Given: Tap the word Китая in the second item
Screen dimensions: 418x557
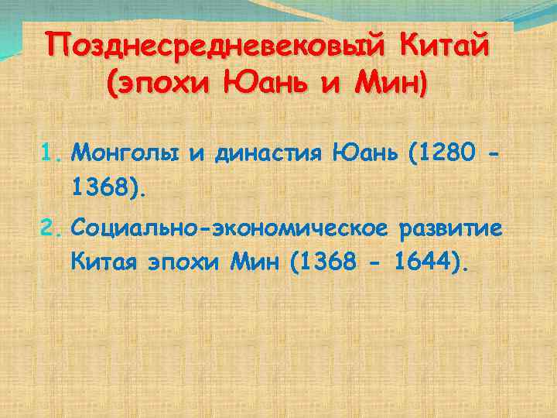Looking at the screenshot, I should pyautogui.click(x=108, y=265).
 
